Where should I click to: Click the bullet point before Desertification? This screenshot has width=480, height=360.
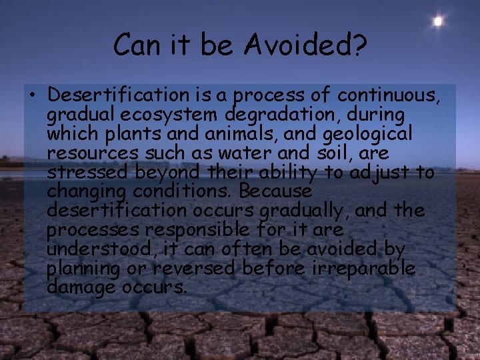[32, 95]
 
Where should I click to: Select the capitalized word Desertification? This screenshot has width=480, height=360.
[119, 96]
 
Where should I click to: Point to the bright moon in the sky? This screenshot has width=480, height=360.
[438, 21]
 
